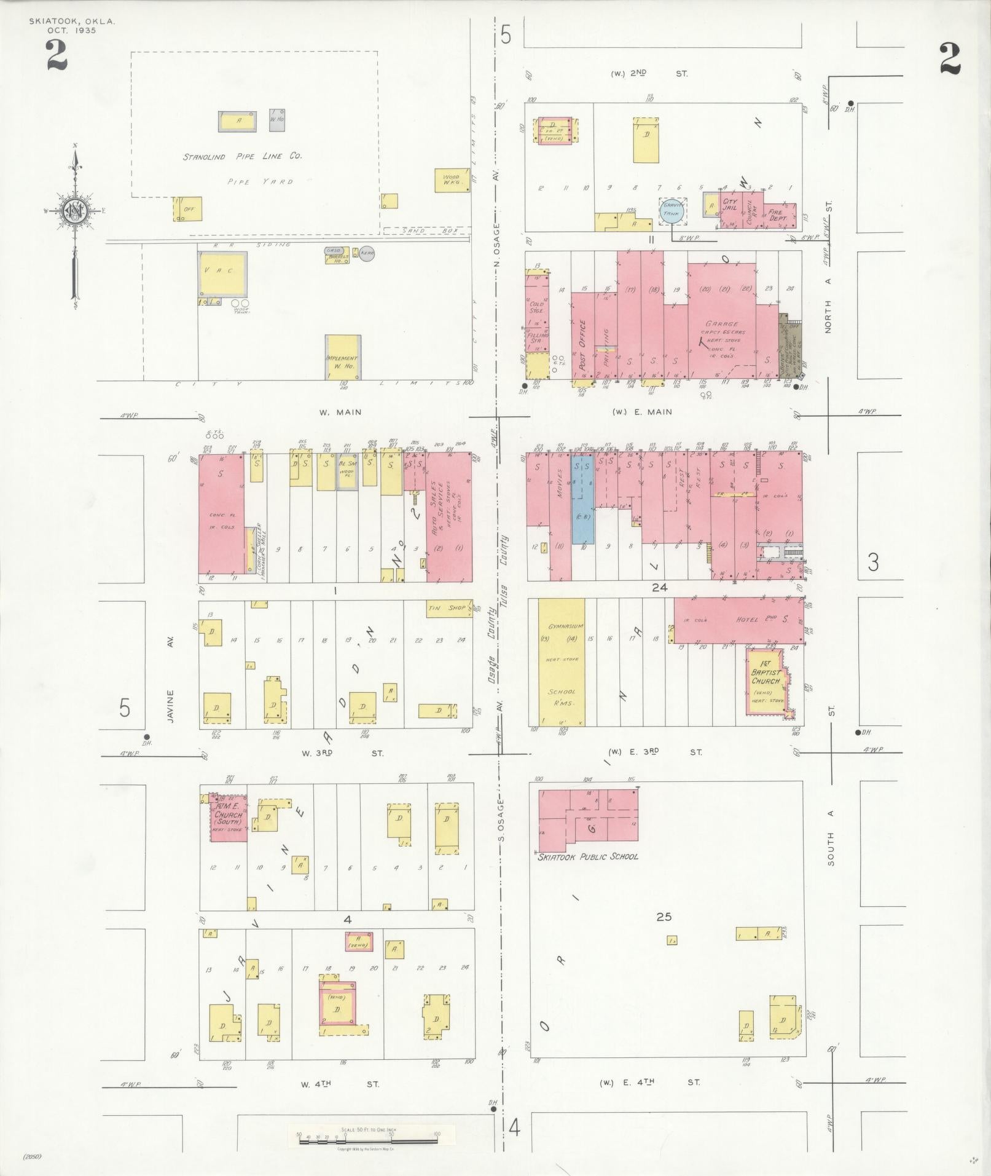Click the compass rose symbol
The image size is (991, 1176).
coord(76,211)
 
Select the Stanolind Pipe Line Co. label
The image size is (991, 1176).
coord(242,156)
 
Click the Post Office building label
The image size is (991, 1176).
coord(582,343)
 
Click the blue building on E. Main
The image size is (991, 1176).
coord(582,498)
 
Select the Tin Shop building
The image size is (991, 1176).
coord(448,608)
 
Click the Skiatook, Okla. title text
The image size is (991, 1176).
coord(72,22)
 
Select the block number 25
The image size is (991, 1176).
coord(664,934)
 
